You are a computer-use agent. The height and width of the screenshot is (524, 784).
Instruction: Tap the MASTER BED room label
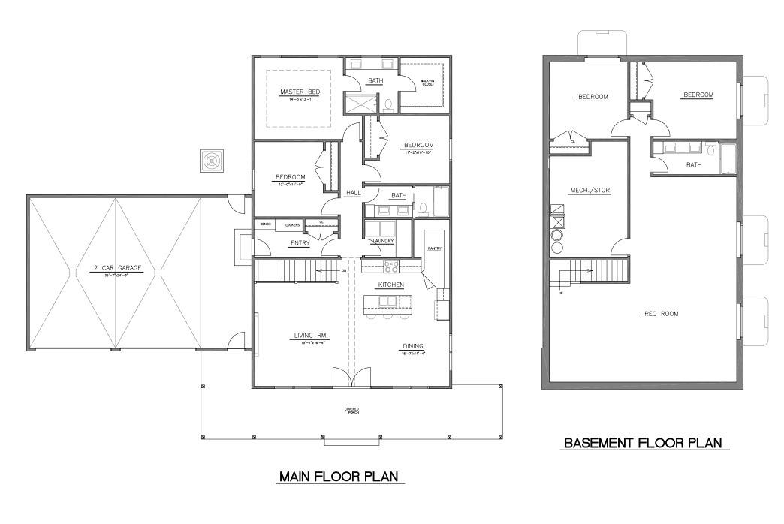(300, 92)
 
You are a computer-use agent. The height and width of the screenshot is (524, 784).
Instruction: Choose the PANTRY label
(434, 248)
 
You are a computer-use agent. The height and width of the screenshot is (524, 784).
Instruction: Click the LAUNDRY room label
(383, 241)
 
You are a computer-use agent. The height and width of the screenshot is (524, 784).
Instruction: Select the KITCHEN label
(391, 285)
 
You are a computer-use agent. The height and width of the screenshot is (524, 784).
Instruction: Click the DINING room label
(413, 347)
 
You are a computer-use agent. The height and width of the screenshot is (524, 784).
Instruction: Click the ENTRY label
(300, 242)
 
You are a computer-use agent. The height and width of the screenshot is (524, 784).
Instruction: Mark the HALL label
(354, 193)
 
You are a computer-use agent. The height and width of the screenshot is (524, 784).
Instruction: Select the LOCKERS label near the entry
(293, 224)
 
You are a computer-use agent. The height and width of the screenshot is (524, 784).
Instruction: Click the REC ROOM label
(660, 314)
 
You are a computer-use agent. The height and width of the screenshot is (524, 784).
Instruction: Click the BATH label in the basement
(693, 164)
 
